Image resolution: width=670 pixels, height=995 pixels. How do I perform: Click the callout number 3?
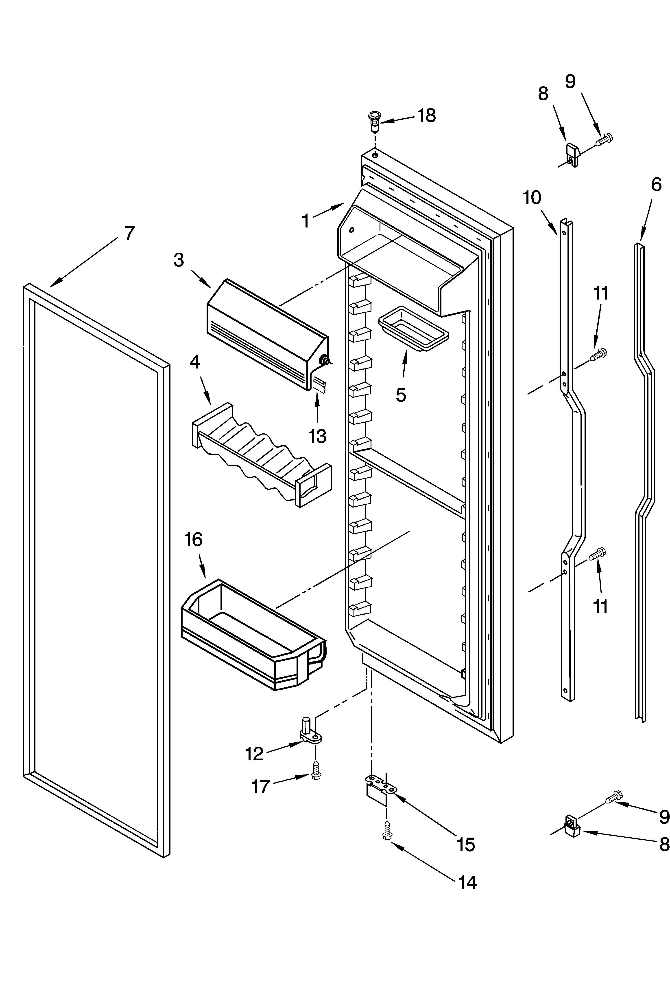179,260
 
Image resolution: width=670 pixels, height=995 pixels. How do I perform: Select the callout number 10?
532,198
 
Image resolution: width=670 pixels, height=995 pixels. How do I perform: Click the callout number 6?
656,184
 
